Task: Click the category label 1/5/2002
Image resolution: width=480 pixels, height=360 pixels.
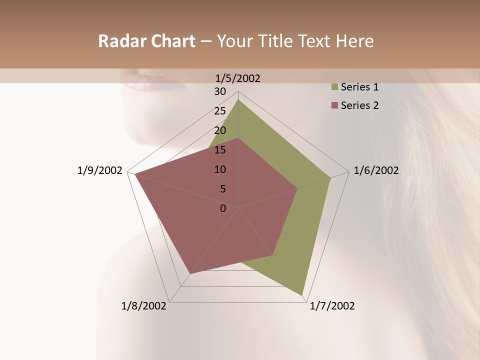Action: click(238, 78)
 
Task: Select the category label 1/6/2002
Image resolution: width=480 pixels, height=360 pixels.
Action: click(376, 170)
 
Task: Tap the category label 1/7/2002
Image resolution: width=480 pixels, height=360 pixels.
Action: click(332, 306)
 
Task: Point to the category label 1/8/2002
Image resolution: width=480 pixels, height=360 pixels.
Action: click(144, 306)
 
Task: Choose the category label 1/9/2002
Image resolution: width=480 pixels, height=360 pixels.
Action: click(100, 170)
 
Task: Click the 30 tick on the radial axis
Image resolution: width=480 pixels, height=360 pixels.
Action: click(220, 91)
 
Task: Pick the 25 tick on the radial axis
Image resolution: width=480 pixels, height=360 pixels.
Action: click(220, 111)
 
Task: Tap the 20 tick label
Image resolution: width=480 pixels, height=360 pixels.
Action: click(220, 130)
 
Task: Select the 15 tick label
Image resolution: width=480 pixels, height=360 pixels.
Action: click(220, 150)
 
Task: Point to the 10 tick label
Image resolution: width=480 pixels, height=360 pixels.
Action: click(220, 169)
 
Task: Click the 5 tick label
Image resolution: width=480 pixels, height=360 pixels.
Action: click(222, 189)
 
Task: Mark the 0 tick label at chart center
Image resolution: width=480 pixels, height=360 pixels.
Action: click(223, 208)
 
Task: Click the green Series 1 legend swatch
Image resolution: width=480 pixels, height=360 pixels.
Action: click(334, 87)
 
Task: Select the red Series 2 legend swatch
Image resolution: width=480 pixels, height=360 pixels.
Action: click(334, 105)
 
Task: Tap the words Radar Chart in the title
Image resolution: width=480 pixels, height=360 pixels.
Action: click(146, 41)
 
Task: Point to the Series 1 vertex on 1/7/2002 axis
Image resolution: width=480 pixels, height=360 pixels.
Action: click(302, 295)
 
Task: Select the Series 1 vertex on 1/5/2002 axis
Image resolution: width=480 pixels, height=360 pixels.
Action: click(238, 100)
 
